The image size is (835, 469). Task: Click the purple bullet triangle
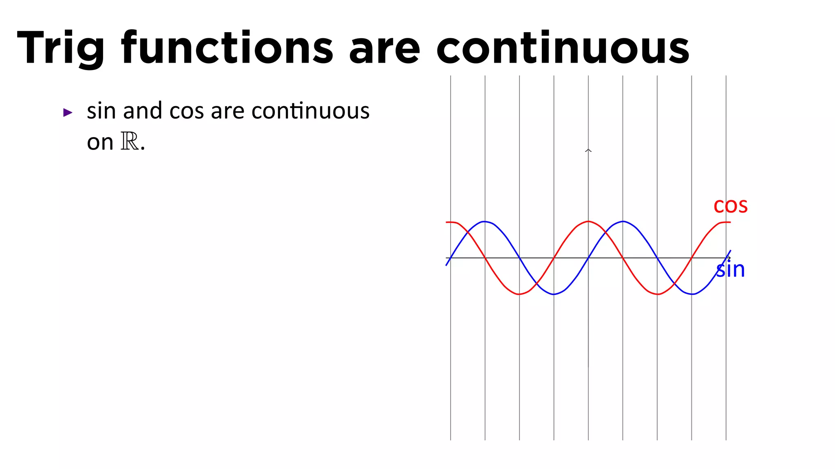tap(68, 112)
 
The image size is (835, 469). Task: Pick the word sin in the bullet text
tap(101, 111)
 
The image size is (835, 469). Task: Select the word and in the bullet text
tap(143, 111)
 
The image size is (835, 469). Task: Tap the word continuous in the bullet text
tap(311, 111)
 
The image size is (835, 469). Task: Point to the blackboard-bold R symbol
tap(130, 142)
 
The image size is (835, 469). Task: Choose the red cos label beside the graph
tap(731, 206)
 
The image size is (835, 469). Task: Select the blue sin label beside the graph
tap(731, 270)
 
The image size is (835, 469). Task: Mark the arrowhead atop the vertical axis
tap(588, 151)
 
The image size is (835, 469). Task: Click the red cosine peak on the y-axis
tap(588, 221)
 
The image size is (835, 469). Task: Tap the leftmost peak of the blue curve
tap(484, 221)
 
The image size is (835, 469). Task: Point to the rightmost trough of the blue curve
tap(692, 294)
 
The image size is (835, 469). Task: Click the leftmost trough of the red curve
tap(519, 294)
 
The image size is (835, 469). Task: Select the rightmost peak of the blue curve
tap(623, 221)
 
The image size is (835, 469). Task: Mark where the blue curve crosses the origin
tap(588, 258)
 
